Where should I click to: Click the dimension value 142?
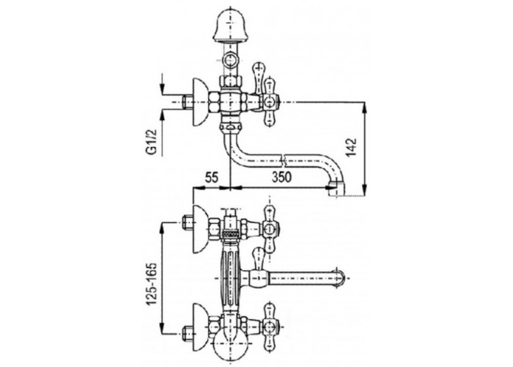point(351,148)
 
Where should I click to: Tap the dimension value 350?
point(281,178)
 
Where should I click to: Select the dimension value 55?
point(211,178)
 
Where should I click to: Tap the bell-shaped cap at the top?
point(229,26)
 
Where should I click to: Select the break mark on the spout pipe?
point(284,160)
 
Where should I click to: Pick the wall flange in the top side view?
point(200,103)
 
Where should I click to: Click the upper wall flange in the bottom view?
point(201,229)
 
